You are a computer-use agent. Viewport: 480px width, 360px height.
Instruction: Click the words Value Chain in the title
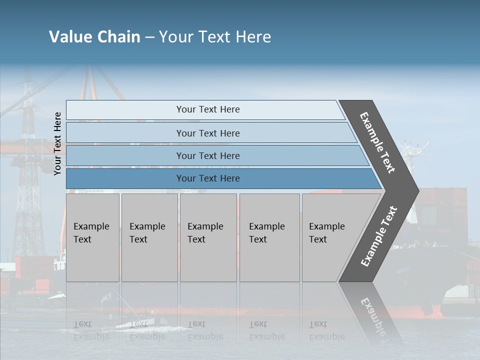[x=94, y=37]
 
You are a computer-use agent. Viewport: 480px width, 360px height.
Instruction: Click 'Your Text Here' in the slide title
[x=215, y=37]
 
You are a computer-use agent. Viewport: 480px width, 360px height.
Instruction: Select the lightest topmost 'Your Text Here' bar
[x=207, y=109]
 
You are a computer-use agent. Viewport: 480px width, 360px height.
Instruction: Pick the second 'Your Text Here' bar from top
[x=207, y=133]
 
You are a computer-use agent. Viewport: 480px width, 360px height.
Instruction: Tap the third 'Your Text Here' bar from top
[x=207, y=155]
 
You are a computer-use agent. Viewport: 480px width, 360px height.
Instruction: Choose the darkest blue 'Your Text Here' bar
[x=207, y=178]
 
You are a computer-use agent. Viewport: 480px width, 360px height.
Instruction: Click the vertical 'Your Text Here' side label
[x=57, y=143]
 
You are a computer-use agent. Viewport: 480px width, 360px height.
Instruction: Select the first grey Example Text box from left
[x=92, y=237]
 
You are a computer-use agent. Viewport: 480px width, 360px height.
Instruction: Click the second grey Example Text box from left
[x=149, y=237]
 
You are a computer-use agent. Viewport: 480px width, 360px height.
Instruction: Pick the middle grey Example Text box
[x=208, y=237]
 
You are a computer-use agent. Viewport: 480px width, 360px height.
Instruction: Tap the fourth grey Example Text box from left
[x=269, y=237]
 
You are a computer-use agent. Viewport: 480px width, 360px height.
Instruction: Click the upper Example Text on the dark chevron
[x=377, y=142]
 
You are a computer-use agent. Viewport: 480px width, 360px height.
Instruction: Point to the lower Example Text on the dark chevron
[x=379, y=236]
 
